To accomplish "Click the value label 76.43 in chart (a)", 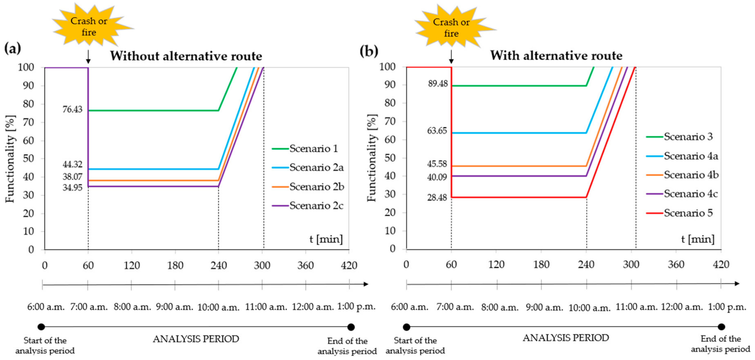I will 72,110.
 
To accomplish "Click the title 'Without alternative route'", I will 186,56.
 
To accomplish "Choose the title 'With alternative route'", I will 556,55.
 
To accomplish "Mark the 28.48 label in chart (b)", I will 437,198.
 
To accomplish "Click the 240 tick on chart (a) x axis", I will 219,265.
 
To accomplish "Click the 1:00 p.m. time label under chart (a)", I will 356,307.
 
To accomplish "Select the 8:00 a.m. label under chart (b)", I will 500,307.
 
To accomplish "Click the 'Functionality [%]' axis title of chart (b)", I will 372,158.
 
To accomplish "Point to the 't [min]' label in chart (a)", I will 326,239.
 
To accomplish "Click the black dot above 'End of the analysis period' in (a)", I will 351,327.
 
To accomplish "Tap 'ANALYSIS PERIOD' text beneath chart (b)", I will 566,338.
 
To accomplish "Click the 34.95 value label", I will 72,188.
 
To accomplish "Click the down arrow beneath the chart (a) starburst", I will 88,57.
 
